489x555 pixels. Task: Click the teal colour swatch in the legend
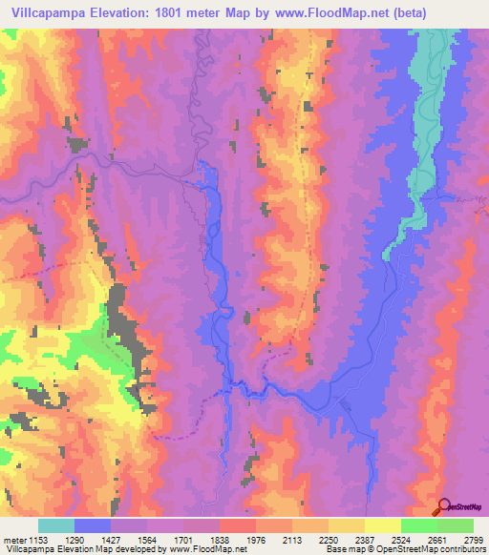point(56,525)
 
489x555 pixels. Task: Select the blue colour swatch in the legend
point(93,525)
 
